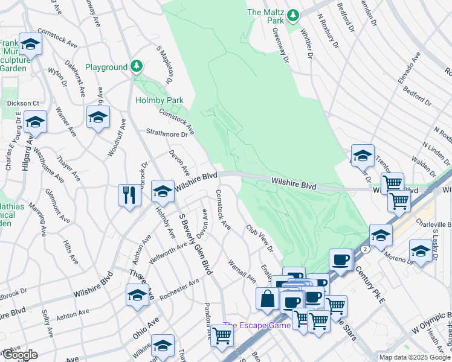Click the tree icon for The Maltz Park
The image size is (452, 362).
[x=293, y=14]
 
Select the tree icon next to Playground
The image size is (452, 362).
[x=137, y=66]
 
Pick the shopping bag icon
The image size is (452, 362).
[x=267, y=298]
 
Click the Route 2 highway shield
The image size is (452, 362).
[x=366, y=249]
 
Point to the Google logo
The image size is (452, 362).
[x=20, y=355]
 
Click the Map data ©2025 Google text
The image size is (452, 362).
[x=415, y=357]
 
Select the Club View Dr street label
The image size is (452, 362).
[x=259, y=239]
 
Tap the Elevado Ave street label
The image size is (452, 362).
[x=408, y=69]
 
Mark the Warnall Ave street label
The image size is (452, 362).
[x=242, y=271]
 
